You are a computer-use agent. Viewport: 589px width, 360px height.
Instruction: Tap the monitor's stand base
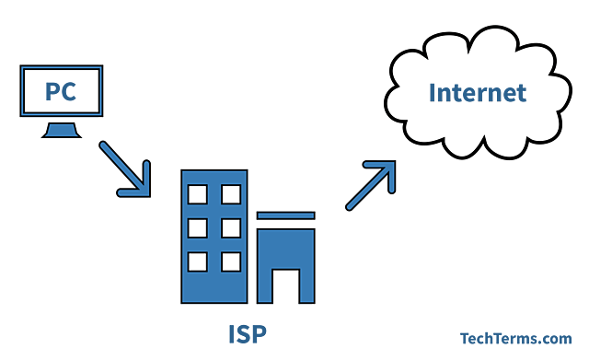coord(61,135)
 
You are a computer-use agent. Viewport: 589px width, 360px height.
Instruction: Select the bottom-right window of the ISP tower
coord(230,261)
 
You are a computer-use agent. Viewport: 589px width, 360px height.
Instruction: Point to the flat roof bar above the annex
coord(285,217)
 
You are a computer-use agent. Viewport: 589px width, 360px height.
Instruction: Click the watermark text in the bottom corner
coord(516,337)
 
